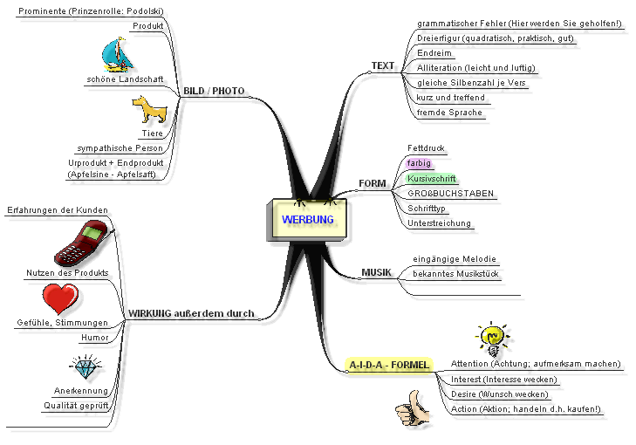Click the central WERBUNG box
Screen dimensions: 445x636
click(307, 219)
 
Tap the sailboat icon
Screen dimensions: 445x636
click(118, 54)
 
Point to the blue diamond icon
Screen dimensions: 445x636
click(85, 367)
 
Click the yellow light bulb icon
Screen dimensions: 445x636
click(491, 338)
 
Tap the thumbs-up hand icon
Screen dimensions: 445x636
click(413, 407)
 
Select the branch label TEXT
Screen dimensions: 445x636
click(383, 66)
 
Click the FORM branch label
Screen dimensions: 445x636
click(373, 184)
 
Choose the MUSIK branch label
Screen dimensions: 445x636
click(376, 273)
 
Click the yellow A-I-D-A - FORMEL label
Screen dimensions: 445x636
click(387, 364)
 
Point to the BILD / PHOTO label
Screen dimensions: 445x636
click(214, 91)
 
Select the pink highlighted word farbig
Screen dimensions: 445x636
click(419, 162)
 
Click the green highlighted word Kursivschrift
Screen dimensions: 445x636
click(427, 177)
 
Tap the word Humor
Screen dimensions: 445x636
click(95, 337)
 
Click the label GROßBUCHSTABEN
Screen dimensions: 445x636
click(450, 193)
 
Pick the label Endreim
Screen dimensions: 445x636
click(434, 53)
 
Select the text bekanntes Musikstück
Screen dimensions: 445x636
click(455, 274)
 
